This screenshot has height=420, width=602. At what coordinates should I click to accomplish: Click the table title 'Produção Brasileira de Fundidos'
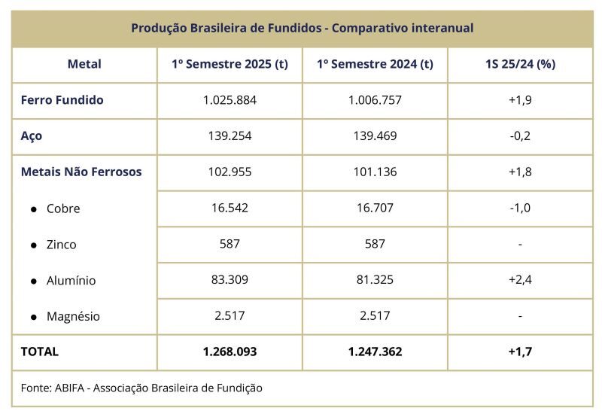point(227,28)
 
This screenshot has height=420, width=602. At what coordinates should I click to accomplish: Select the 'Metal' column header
point(84,64)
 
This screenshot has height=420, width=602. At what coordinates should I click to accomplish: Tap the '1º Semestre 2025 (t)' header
point(230,64)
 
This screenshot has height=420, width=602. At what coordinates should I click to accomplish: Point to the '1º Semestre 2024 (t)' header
point(375,64)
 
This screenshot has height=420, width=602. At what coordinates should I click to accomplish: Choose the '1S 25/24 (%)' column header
point(520,64)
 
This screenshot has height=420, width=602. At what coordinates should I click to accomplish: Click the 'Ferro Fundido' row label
point(62,100)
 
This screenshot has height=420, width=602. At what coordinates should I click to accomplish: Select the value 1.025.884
point(230,100)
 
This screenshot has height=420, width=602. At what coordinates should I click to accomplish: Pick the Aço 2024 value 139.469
point(375,135)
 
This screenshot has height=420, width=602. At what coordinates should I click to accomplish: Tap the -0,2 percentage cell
point(520,135)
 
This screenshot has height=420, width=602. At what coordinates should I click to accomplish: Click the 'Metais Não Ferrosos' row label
point(81,172)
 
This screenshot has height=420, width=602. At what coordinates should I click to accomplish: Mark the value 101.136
point(375,172)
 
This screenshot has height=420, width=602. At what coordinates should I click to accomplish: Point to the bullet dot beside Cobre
point(34,209)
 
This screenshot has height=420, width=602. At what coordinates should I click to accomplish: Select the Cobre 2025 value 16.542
point(230,208)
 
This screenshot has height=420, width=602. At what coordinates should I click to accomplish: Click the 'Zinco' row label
point(62,245)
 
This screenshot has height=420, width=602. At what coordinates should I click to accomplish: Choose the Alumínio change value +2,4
point(520,279)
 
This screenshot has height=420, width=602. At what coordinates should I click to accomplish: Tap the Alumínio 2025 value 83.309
point(230,279)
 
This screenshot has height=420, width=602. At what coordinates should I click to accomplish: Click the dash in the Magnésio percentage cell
point(520,316)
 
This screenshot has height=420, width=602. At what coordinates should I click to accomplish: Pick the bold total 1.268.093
point(230,352)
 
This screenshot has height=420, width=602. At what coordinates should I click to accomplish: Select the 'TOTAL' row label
point(40,352)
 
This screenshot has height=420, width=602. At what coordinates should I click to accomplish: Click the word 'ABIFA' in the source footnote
point(69,388)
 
